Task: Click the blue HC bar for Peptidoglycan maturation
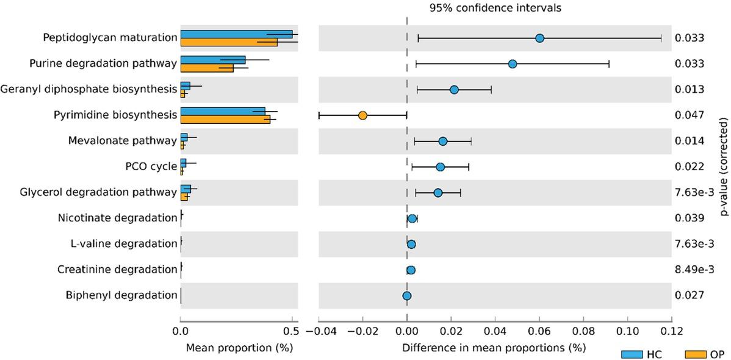pyautogui.click(x=236, y=34)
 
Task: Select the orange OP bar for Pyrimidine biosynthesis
pyautogui.click(x=225, y=119)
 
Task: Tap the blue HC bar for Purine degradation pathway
pyautogui.click(x=213, y=60)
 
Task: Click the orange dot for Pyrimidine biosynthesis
pyautogui.click(x=362, y=115)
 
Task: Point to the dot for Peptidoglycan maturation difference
pyautogui.click(x=539, y=38)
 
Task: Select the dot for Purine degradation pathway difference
pyautogui.click(x=513, y=64)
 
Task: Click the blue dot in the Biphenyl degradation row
pyautogui.click(x=407, y=296)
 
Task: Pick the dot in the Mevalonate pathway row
pyautogui.click(x=443, y=141)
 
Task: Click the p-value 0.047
pyautogui.click(x=690, y=115)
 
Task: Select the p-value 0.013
pyautogui.click(x=690, y=90)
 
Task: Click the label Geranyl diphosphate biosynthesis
pyautogui.click(x=89, y=89)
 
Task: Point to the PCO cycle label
pyautogui.click(x=151, y=167)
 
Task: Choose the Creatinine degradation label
pyautogui.click(x=117, y=269)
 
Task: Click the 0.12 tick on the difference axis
pyautogui.click(x=671, y=332)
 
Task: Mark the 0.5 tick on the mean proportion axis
pyautogui.click(x=292, y=332)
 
